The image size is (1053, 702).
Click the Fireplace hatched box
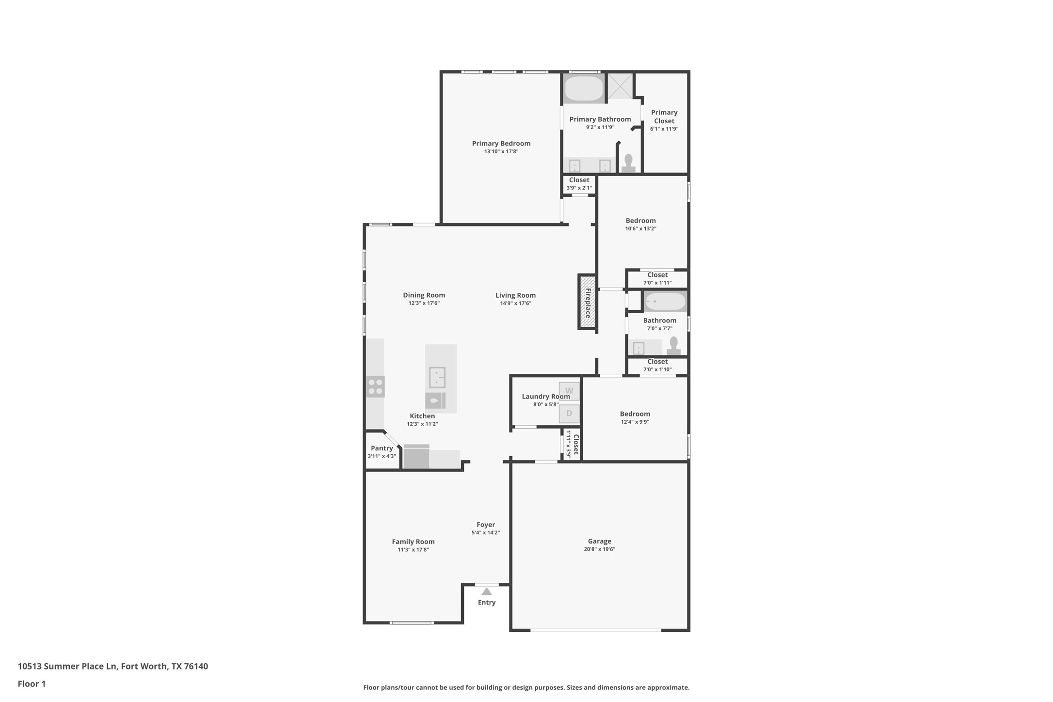click(x=587, y=302)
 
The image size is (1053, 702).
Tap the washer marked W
click(x=569, y=391)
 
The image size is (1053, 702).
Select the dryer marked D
click(x=569, y=414)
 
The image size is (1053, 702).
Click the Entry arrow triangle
click(x=487, y=591)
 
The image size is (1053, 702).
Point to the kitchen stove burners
click(x=375, y=387)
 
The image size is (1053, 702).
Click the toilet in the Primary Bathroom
click(x=628, y=163)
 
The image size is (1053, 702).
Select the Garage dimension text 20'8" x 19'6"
click(x=599, y=549)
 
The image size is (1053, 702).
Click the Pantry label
click(x=382, y=448)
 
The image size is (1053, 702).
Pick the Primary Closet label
click(x=664, y=117)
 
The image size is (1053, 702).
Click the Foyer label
click(x=485, y=525)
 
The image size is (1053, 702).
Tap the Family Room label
click(x=413, y=542)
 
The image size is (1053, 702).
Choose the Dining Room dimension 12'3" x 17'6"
click(x=424, y=303)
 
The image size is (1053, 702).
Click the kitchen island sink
click(x=437, y=378)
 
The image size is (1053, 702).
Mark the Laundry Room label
click(x=545, y=397)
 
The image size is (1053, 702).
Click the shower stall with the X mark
click(x=620, y=86)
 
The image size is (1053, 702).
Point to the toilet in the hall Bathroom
click(x=673, y=346)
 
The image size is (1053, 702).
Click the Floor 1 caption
click(x=32, y=684)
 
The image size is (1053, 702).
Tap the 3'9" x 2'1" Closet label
click(x=579, y=180)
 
